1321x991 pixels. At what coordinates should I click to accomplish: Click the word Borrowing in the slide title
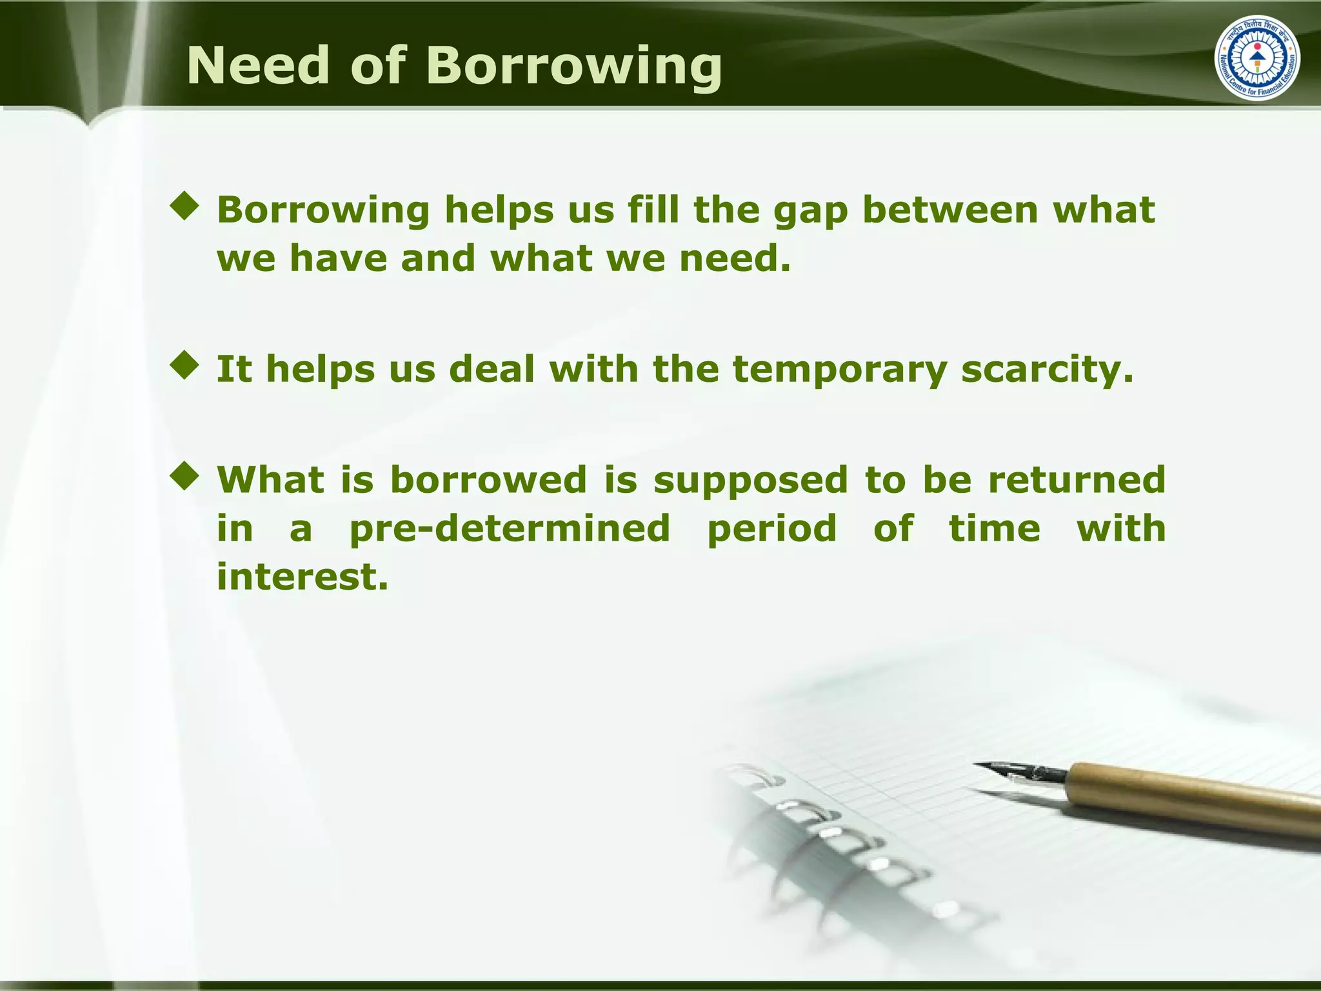(x=573, y=67)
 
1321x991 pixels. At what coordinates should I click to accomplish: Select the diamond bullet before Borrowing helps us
(x=184, y=206)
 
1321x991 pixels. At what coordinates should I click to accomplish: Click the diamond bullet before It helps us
(x=184, y=365)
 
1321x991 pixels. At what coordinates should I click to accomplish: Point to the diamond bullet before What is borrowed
(x=184, y=476)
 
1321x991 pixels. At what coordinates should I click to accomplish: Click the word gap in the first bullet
(x=810, y=212)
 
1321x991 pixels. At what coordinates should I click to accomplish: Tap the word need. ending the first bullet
(x=735, y=258)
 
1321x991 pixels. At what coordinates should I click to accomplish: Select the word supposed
(x=750, y=481)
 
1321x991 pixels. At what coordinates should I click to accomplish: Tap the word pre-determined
(x=510, y=529)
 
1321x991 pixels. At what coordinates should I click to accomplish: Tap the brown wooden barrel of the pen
(x=1193, y=794)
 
